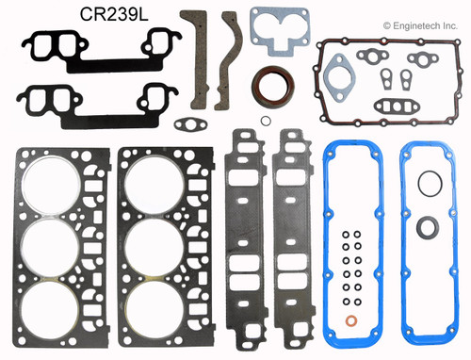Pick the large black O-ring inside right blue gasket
coord(428,209)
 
